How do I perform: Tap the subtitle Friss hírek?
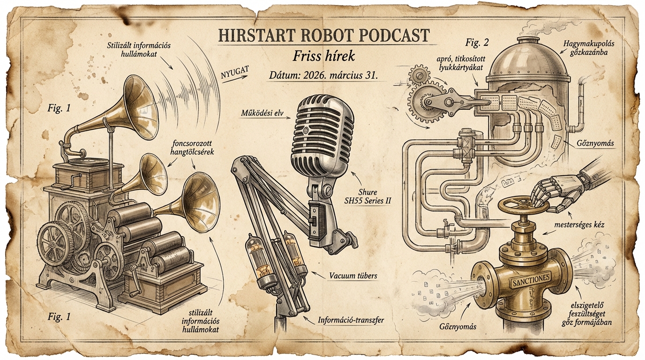(x=323, y=56)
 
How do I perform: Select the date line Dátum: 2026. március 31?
(x=323, y=76)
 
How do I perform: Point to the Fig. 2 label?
(x=477, y=43)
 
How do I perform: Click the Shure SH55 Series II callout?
(x=374, y=197)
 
